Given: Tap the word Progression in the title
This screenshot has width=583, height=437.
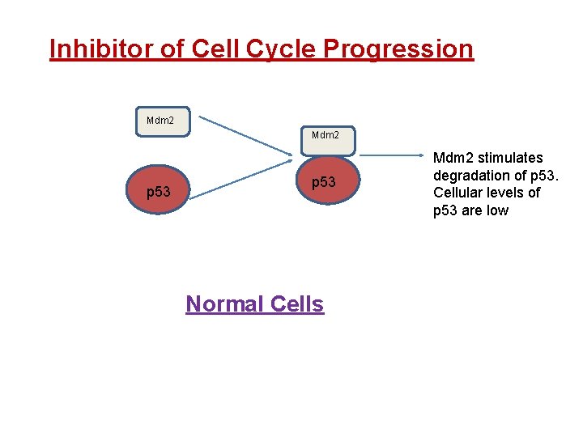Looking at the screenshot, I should pyautogui.click(x=398, y=49).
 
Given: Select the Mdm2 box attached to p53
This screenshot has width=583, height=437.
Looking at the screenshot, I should pyautogui.click(x=325, y=136).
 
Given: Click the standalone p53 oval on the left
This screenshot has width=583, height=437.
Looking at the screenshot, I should pyautogui.click(x=158, y=192).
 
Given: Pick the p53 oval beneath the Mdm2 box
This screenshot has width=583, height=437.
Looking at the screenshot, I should pyautogui.click(x=323, y=184).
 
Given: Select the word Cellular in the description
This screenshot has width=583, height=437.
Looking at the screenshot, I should pyautogui.click(x=459, y=193).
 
